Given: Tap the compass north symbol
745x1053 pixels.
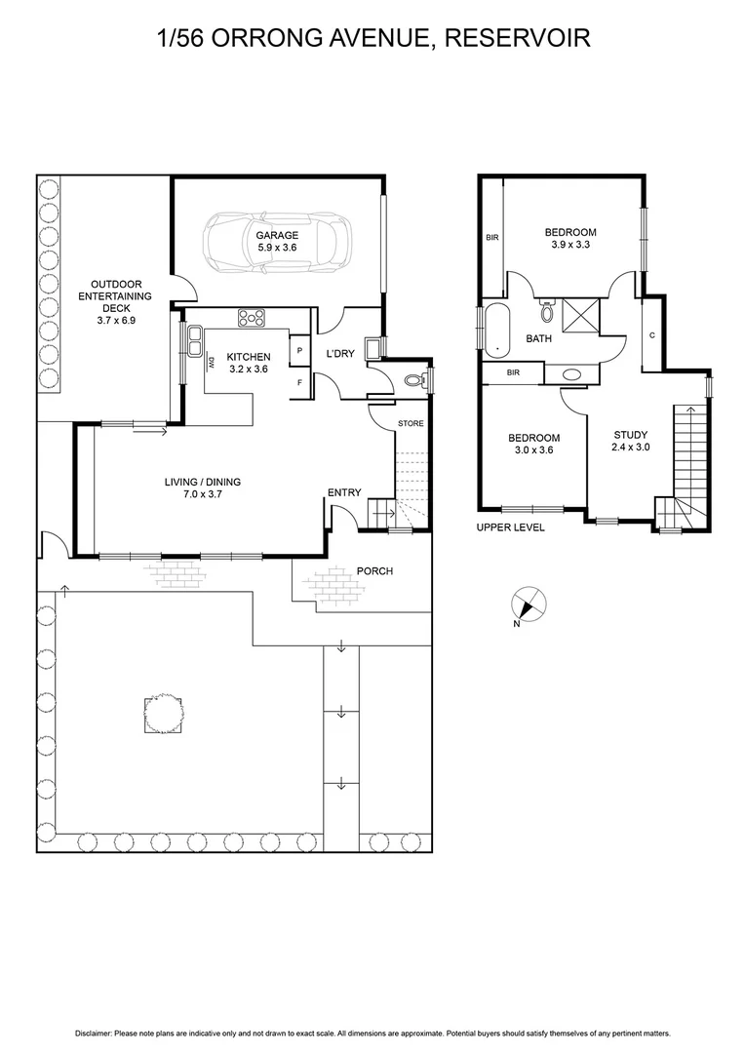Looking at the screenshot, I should point(529,604).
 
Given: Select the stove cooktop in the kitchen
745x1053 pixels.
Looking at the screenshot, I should point(253,317).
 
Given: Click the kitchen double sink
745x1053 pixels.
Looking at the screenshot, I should point(196,338).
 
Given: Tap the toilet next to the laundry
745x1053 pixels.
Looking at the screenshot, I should point(416,380).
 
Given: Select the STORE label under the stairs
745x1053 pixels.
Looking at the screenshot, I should point(411,424).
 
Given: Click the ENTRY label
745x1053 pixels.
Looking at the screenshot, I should point(343,493).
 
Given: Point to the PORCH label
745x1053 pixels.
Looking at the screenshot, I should point(374,570).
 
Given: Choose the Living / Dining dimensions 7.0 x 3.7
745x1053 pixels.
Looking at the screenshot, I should point(202,495).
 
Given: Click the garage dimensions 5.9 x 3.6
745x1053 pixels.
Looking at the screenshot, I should point(277,249).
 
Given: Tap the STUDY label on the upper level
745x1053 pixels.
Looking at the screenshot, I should point(630,435).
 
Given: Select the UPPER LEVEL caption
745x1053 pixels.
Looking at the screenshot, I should point(510,527).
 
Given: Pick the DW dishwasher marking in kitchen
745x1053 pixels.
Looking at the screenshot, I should point(212,364).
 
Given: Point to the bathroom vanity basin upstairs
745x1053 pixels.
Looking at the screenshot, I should point(569,373).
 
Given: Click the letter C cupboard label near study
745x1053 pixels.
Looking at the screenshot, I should point(650,336).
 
